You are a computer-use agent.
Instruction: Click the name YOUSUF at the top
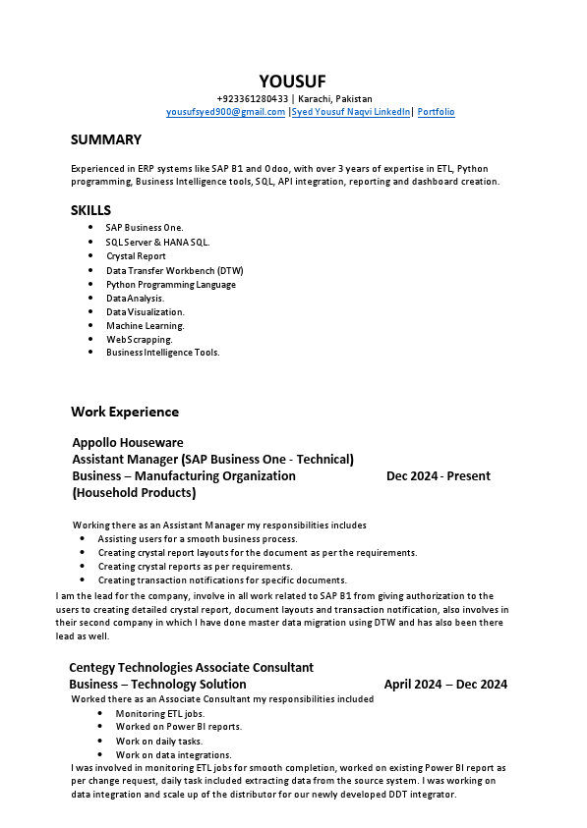(x=292, y=81)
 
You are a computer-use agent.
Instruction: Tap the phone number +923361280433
(x=253, y=99)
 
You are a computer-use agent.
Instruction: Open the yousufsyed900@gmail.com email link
(x=225, y=112)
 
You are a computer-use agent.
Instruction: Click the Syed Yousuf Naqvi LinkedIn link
(x=350, y=112)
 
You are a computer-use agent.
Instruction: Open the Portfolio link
(x=436, y=112)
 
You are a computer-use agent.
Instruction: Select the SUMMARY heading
(x=105, y=139)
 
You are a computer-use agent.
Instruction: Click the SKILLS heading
(x=90, y=210)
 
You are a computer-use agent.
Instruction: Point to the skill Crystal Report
(x=136, y=256)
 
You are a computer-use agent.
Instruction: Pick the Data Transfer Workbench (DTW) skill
(x=174, y=270)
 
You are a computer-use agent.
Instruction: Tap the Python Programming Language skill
(x=170, y=285)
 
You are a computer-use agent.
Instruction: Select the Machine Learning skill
(x=145, y=326)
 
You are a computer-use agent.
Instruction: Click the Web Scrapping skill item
(x=139, y=340)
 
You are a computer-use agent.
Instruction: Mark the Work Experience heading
(x=125, y=412)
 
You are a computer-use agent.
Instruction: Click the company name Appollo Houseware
(x=128, y=443)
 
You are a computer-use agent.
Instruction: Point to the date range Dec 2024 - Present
(x=438, y=476)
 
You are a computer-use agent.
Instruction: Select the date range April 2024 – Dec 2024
(x=445, y=685)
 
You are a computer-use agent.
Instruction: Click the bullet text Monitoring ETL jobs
(x=159, y=714)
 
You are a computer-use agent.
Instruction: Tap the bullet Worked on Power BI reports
(x=178, y=728)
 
